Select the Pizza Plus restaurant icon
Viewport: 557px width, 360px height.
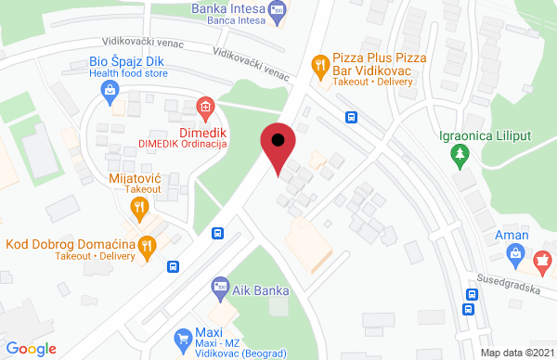tap(320, 64)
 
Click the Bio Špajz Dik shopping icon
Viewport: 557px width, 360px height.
tap(110, 90)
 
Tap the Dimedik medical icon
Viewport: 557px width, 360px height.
tap(205, 107)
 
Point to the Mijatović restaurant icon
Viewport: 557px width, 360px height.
tap(138, 207)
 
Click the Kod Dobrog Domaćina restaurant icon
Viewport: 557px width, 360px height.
tap(146, 246)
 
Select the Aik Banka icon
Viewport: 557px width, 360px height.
tap(220, 287)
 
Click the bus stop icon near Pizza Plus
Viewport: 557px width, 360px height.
tap(352, 117)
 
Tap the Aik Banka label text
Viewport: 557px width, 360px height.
tap(262, 289)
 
